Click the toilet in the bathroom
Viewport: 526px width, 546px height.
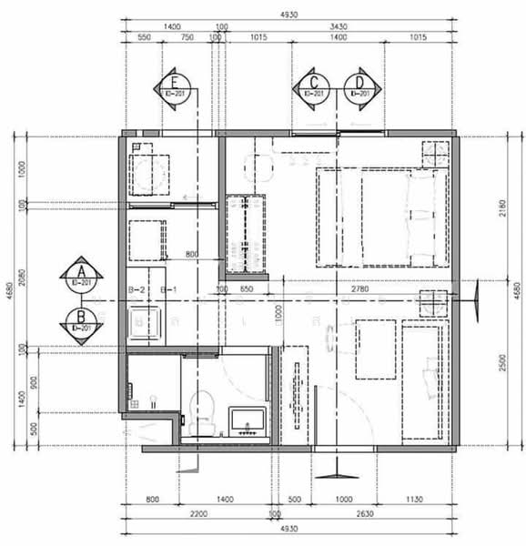point(202,407)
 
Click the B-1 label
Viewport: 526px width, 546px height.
point(168,290)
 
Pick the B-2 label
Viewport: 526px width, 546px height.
point(137,290)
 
